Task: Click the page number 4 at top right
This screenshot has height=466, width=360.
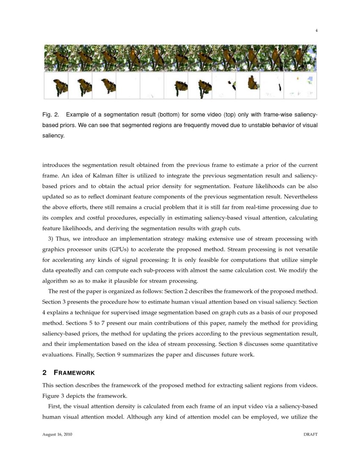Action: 316,31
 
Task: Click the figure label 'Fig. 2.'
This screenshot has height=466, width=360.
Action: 50,115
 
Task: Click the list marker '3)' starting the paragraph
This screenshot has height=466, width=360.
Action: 51,239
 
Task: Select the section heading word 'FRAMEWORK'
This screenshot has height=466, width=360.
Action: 74,373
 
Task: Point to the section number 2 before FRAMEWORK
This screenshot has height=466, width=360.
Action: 44,373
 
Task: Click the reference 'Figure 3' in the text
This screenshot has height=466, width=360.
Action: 53,396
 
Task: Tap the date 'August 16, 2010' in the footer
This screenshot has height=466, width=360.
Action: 57,435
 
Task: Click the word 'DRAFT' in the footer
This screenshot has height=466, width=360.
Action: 310,435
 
